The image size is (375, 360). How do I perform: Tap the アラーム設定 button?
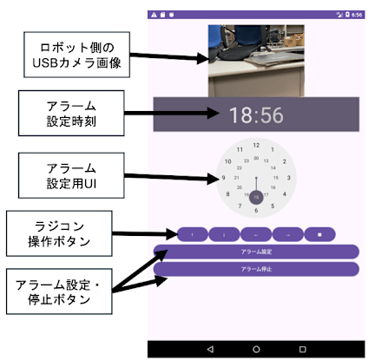tap(256, 252)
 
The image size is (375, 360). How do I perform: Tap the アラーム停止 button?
tap(256, 269)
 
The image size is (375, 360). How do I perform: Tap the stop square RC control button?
tap(319, 234)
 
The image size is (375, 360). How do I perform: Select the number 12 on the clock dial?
tap(256, 145)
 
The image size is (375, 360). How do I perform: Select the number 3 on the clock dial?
tap(287, 178)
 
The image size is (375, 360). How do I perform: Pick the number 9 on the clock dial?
tap(224, 178)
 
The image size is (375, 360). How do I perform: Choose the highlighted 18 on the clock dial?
tap(256, 198)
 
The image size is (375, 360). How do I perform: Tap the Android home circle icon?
tap(256, 349)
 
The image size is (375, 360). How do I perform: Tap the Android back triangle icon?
tap(209, 349)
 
